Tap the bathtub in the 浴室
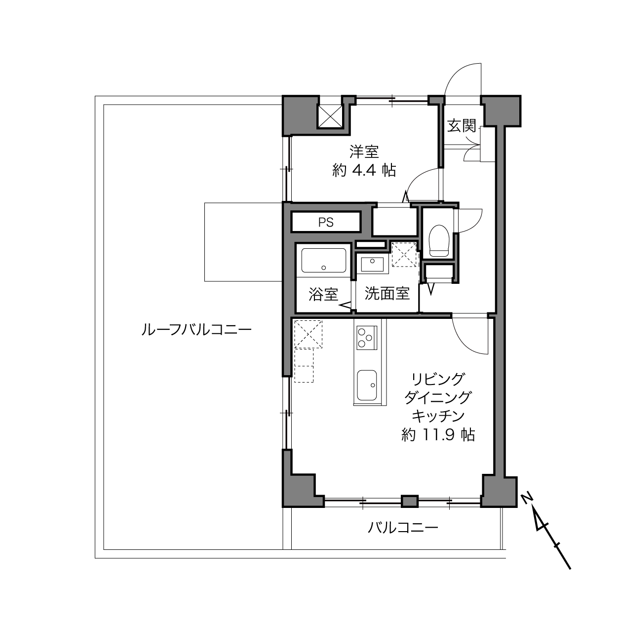[x=323, y=261]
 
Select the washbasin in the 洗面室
[x=372, y=265]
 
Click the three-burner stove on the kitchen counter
[x=367, y=337]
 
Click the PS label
[x=326, y=222]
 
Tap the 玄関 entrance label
[x=462, y=125]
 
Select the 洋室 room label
[x=364, y=152]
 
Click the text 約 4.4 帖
[x=364, y=170]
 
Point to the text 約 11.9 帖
[x=438, y=435]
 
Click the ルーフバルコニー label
[x=196, y=330]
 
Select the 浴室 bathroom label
[x=323, y=294]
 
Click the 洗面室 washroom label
[x=387, y=293]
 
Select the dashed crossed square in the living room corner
[x=308, y=334]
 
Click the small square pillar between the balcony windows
[x=410, y=502]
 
